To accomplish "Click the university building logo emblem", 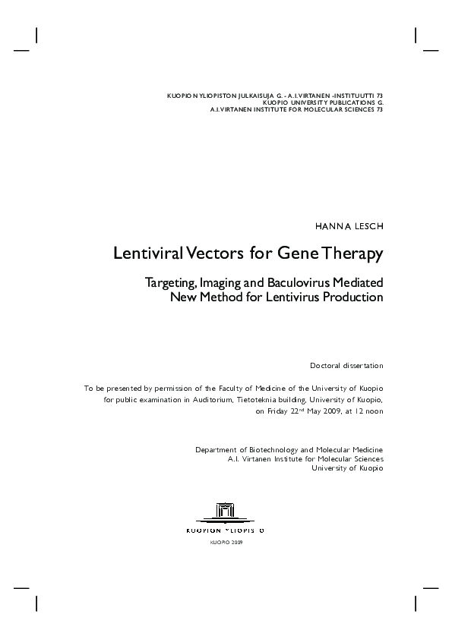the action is pyautogui.click(x=226, y=512).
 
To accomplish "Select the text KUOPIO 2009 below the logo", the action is pyautogui.click(x=226, y=543).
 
